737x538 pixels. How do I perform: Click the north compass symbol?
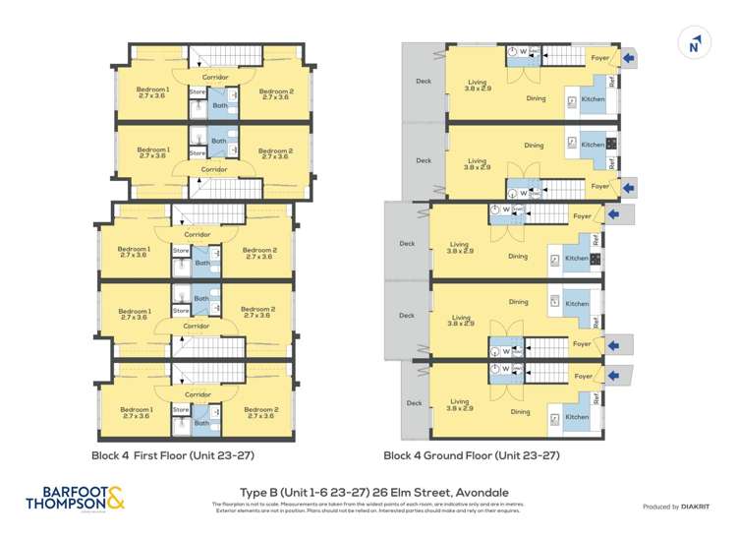click(x=695, y=43)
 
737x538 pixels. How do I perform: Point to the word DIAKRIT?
click(x=695, y=507)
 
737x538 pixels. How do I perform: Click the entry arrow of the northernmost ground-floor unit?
click(x=629, y=58)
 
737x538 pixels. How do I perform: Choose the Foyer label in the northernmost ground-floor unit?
click(x=599, y=58)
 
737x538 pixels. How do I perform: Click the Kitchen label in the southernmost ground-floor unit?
click(x=577, y=417)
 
